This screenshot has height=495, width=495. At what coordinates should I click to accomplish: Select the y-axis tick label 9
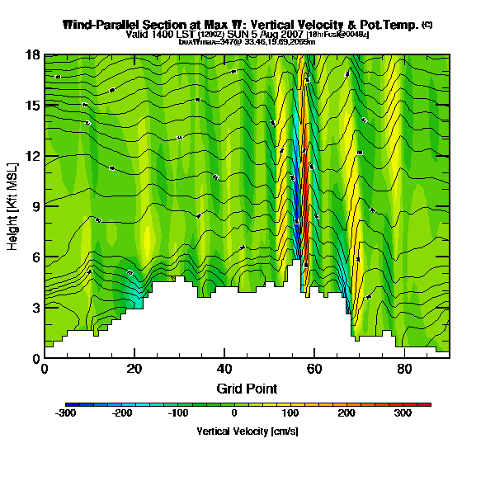[36, 207]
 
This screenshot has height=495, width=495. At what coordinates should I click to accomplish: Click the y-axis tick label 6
[36, 257]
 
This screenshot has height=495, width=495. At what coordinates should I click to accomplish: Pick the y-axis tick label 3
[36, 308]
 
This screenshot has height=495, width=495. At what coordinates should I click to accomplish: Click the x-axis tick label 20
[134, 369]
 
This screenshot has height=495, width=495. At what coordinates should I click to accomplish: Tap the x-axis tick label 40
[224, 369]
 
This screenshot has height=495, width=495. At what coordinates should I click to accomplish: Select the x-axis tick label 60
[314, 369]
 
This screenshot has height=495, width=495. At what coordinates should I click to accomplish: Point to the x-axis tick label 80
[404, 369]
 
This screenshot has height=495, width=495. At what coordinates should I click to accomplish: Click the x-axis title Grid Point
[247, 388]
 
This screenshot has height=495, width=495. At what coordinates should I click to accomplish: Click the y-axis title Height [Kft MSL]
[14, 206]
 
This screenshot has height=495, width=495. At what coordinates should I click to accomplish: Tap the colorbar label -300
[66, 412]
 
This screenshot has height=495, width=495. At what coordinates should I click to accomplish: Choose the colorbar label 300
[402, 412]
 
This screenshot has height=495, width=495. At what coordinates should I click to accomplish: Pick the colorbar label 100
[290, 412]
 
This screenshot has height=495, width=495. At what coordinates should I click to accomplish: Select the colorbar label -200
[122, 412]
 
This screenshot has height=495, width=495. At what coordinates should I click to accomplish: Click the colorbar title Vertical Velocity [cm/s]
[247, 431]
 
